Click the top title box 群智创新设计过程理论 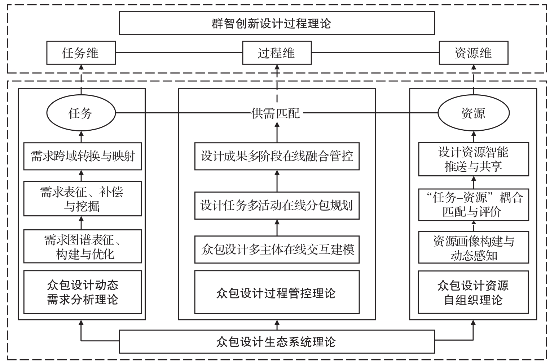pyautogui.click(x=277, y=23)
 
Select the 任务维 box pyautogui.click(x=81, y=53)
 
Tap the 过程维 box pyautogui.click(x=277, y=53)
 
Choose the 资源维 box pyautogui.click(x=473, y=53)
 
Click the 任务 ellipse pyautogui.click(x=81, y=113)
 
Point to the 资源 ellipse pyautogui.click(x=473, y=113)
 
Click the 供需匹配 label pyautogui.click(x=276, y=114)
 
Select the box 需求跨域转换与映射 pyautogui.click(x=83, y=157)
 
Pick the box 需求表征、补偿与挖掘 pyautogui.click(x=83, y=199)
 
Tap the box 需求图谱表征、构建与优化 pyautogui.click(x=83, y=247)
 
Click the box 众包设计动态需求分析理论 pyautogui.click(x=83, y=292)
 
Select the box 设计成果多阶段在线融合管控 pyautogui.click(x=277, y=156)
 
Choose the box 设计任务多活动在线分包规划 pyautogui.click(x=277, y=206)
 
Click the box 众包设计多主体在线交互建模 pyautogui.click(x=277, y=250)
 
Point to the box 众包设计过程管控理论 pyautogui.click(x=277, y=292)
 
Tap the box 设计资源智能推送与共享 pyautogui.click(x=473, y=159)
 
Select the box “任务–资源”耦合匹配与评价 pyautogui.click(x=473, y=205)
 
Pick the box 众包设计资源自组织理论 pyautogui.click(x=473, y=292)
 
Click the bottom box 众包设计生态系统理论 pyautogui.click(x=277, y=341)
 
